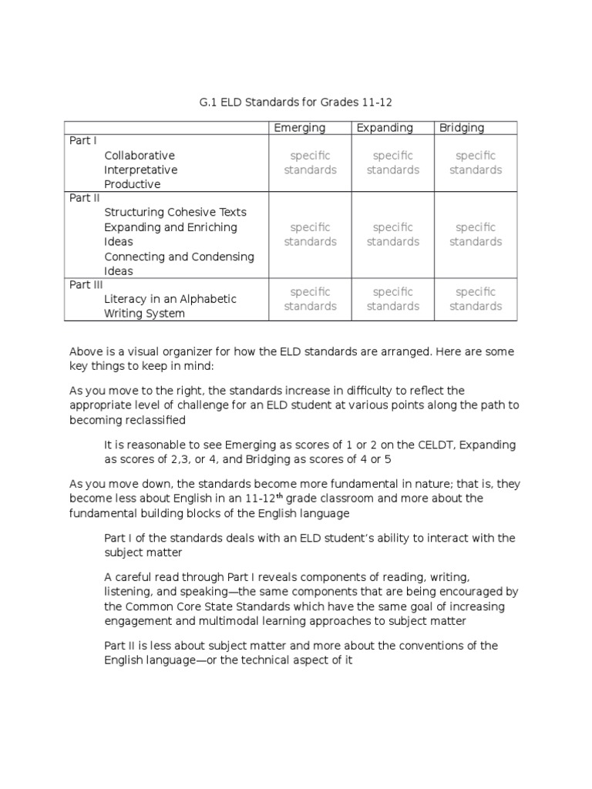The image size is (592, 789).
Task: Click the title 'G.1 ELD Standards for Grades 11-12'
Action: [296, 102]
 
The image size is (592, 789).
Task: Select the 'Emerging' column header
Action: [300, 128]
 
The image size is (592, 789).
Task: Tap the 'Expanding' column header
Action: [385, 128]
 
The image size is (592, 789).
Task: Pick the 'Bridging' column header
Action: [462, 128]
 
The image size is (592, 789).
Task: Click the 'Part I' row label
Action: [82, 141]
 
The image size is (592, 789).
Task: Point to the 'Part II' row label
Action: [85, 198]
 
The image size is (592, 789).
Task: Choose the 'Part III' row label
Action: [86, 284]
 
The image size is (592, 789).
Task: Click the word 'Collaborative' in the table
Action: [140, 156]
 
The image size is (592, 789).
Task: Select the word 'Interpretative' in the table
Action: [141, 170]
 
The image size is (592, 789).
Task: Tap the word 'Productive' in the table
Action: [133, 184]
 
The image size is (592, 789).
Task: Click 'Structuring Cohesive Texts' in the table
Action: [175, 213]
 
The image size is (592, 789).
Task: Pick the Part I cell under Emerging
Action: [310, 163]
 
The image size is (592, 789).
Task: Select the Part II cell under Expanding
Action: [393, 234]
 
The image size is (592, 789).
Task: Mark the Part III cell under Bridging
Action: [476, 299]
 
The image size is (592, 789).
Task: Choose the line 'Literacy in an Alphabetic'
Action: [170, 299]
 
